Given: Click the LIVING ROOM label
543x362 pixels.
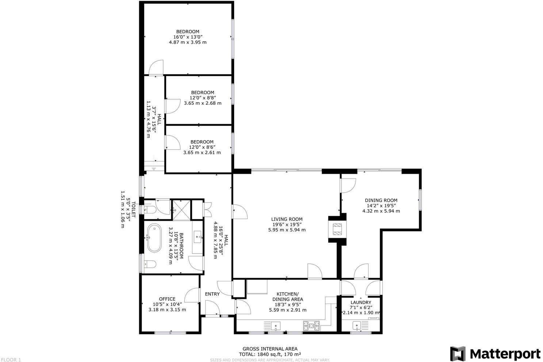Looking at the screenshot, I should [287, 219].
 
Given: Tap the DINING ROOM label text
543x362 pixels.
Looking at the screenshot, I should [381, 200].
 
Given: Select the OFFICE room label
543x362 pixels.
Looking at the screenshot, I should [167, 299].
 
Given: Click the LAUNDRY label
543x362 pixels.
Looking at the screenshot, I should [360, 302].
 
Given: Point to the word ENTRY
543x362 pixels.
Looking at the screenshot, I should [212, 294].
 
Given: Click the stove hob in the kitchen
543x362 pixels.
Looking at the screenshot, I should [311, 324].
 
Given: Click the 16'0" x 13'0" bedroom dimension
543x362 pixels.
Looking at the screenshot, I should [188, 37].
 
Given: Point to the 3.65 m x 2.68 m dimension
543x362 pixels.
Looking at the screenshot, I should [202, 103].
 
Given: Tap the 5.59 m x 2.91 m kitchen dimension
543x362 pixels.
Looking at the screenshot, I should [287, 310].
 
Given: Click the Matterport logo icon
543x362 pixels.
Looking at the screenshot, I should [458, 354].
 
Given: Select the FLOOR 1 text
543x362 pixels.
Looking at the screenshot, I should [11, 359].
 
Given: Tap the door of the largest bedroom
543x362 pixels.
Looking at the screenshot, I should [156, 68].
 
